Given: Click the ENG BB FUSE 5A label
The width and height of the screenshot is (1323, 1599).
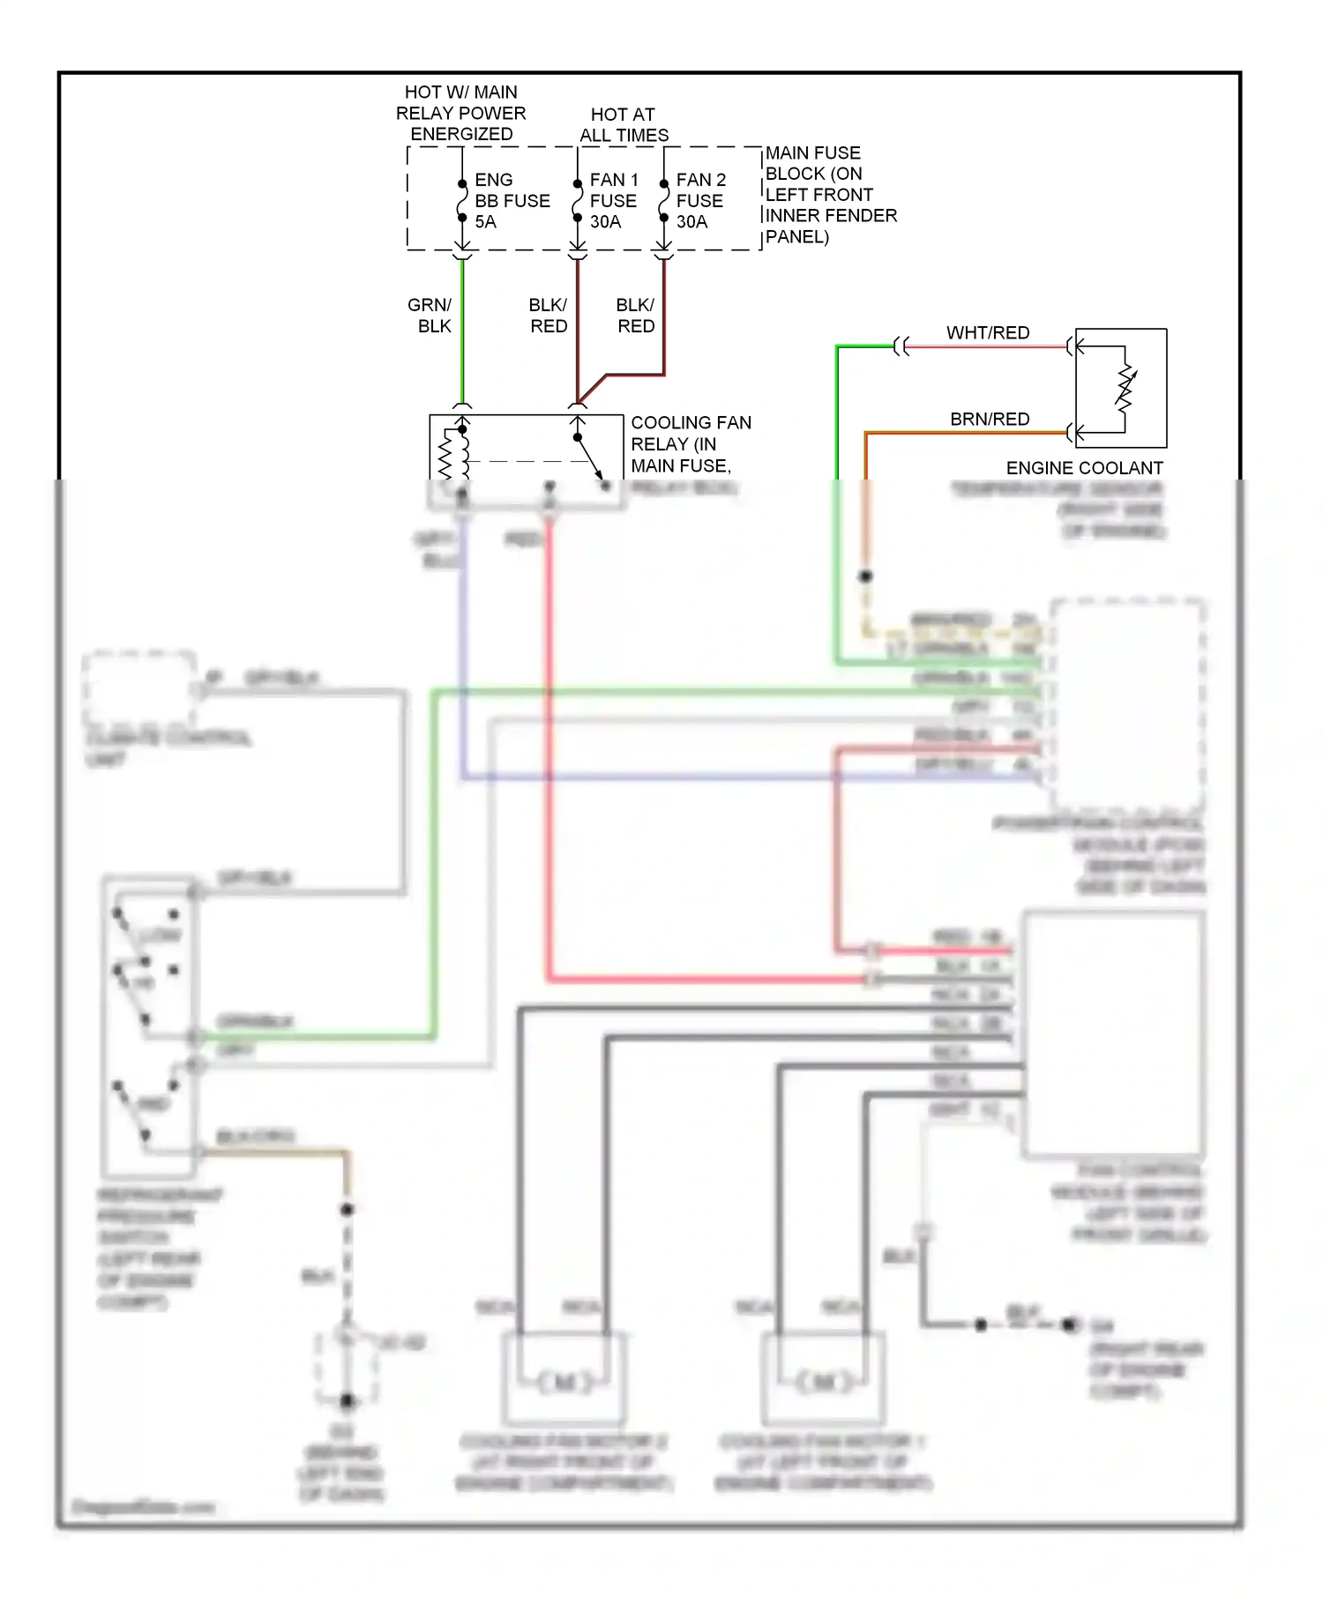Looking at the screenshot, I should coord(511,201).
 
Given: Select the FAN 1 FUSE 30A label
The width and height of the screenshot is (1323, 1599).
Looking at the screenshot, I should coord(613,201).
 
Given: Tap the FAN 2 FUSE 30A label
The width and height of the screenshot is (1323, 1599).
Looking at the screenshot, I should coord(700,201).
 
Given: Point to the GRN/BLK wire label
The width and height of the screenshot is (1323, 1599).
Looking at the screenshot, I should coord(430,316).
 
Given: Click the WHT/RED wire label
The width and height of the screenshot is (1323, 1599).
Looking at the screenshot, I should coord(988,333).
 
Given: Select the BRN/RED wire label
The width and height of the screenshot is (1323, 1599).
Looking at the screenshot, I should coord(990,420).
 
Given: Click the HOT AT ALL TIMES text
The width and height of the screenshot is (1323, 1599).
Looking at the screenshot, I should coord(624,125).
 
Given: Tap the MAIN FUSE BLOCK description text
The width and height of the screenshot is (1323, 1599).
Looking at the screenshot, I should coord(829,195).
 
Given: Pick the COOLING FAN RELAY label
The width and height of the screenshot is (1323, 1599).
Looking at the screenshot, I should coord(690,444).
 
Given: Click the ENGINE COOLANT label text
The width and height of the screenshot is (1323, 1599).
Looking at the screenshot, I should coord(1084,468).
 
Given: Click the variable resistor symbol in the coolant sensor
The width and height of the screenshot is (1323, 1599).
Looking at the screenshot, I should coord(1125,389).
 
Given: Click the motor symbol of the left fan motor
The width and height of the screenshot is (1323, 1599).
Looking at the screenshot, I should coord(564,1383).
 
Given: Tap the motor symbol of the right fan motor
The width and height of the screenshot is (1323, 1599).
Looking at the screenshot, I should coord(824,1383).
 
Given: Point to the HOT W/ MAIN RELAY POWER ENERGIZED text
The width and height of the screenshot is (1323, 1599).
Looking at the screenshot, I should coord(460,114).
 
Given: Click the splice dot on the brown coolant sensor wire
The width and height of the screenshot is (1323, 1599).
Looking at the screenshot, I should coord(866,576).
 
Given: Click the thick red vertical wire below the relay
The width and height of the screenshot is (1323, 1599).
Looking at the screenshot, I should coord(549,749).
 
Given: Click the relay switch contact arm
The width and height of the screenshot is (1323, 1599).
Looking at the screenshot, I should coord(589,458).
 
